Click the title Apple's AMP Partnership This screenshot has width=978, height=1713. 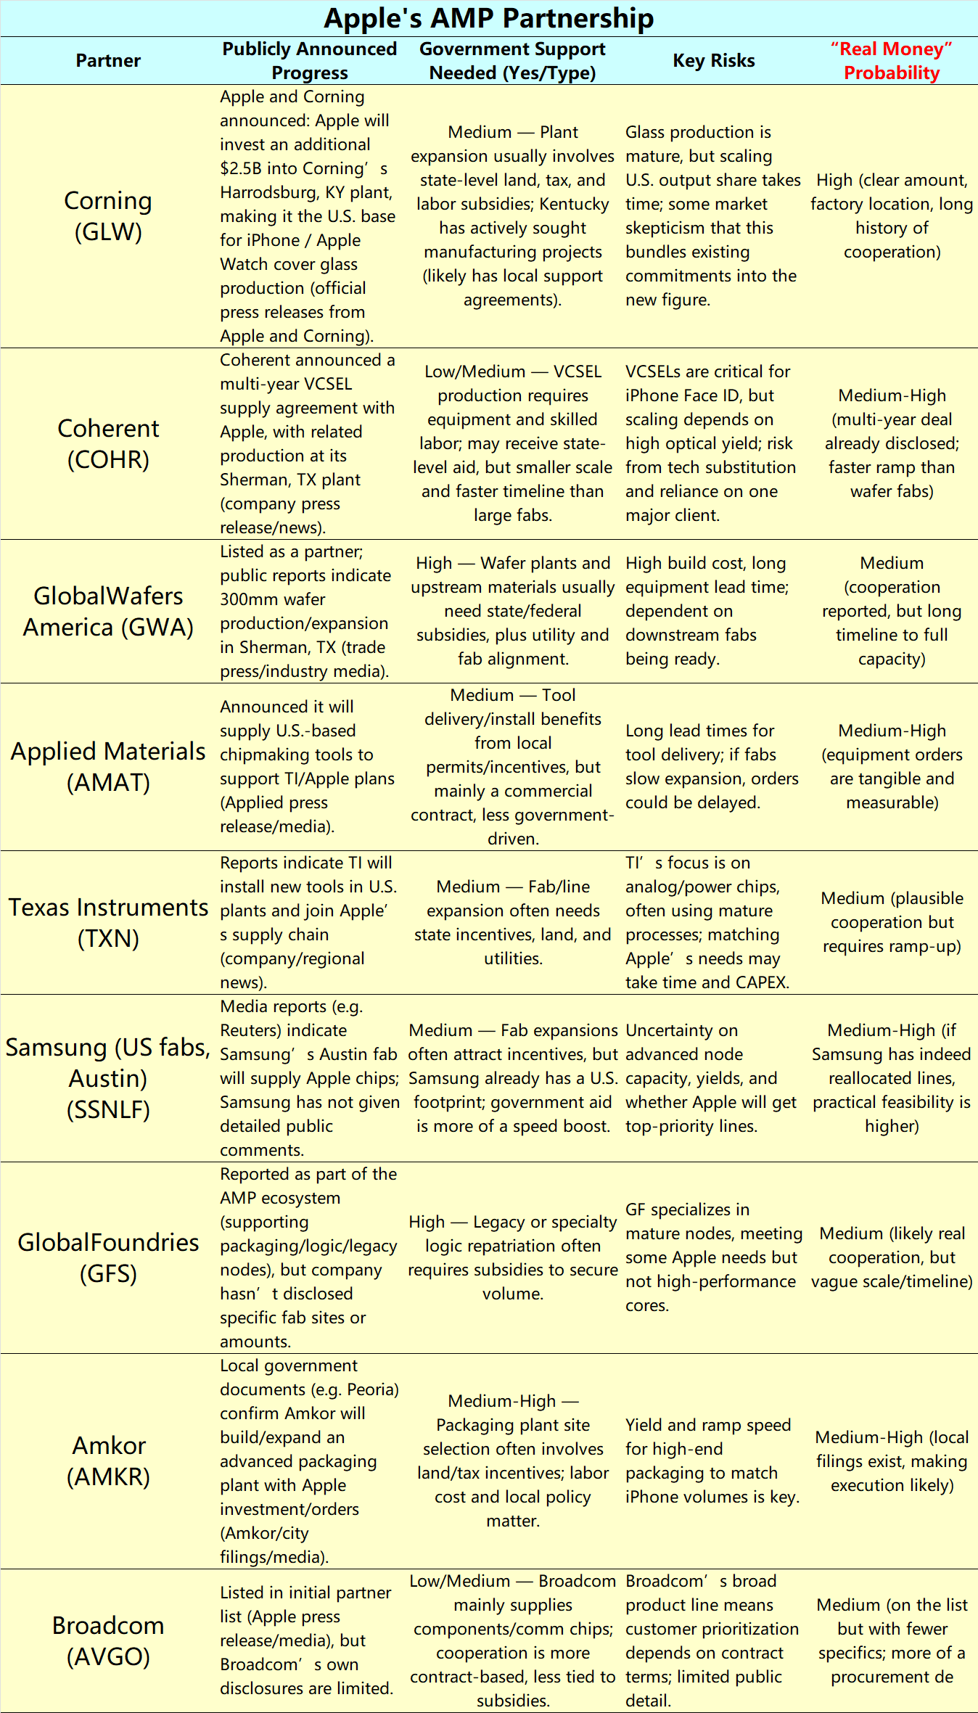tap(488, 18)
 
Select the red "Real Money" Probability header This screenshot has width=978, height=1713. tap(891, 61)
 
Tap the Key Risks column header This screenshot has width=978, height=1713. tap(713, 61)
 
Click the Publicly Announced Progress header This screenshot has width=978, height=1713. tap(309, 61)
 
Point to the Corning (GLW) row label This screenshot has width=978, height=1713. tap(108, 216)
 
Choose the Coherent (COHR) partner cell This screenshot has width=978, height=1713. tap(108, 443)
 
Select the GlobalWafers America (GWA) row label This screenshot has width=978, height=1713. tap(108, 611)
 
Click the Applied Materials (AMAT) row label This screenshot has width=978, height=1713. tap(108, 766)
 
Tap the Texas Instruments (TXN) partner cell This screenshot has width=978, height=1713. tap(108, 922)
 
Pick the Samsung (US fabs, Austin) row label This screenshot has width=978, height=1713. tap(108, 1078)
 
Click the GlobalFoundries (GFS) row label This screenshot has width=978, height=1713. tap(108, 1257)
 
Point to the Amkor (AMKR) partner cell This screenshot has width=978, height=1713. tap(108, 1461)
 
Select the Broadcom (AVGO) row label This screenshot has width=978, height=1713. tap(108, 1640)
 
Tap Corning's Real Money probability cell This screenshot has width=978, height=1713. tap(891, 216)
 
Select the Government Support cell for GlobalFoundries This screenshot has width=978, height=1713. tap(512, 1257)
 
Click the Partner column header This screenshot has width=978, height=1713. tap(108, 61)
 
